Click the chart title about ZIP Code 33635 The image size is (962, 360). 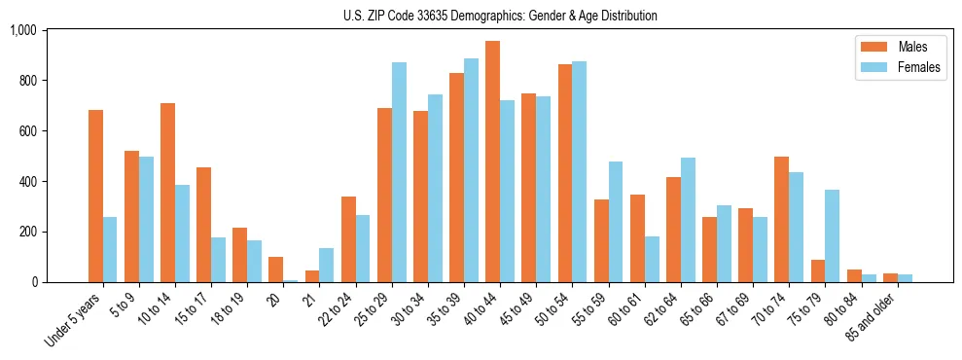tap(500, 16)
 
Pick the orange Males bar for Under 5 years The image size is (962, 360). tap(95, 196)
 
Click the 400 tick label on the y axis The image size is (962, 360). tap(27, 182)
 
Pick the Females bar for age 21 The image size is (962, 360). tap(327, 265)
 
